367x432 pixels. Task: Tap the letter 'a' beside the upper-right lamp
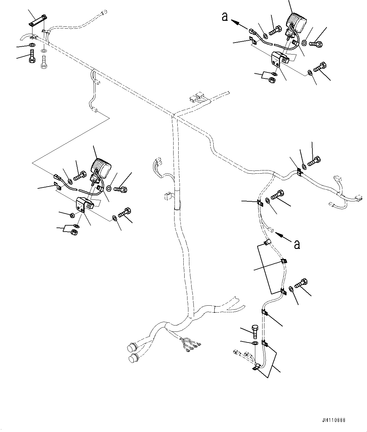pos(225,17)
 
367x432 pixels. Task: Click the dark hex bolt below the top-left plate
pos(32,56)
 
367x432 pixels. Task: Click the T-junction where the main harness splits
pos(173,116)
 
